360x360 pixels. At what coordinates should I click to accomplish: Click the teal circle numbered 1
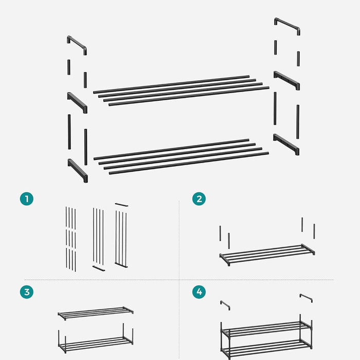tap(27, 199)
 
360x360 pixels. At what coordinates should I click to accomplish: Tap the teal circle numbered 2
tap(199, 199)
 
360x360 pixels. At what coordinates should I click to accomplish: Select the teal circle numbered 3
tap(27, 292)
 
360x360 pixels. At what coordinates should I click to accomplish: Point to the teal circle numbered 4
tap(199, 292)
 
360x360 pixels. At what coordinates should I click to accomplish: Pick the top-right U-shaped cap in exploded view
tap(287, 25)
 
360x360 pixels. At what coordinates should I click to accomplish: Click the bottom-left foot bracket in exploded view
tap(77, 170)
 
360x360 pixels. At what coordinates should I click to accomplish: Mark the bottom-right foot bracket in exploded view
tap(286, 143)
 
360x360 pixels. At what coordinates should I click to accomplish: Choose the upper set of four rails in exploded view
tap(181, 91)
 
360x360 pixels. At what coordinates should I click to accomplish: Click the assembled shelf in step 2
tap(266, 254)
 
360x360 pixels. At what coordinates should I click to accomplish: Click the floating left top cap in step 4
tap(225, 304)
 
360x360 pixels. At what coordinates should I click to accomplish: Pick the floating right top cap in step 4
tap(306, 297)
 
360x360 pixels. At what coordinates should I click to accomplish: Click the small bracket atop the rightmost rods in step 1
tap(121, 205)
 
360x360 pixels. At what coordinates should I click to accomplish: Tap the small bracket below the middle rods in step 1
tap(98, 268)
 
